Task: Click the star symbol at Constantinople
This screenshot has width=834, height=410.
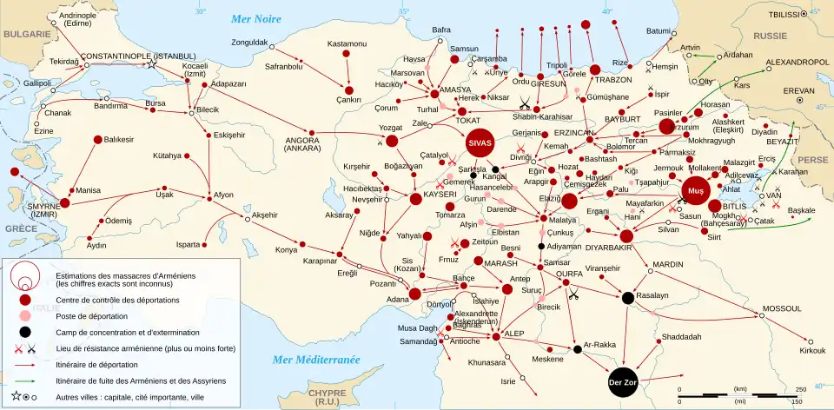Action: pyautogui.click(x=151, y=63)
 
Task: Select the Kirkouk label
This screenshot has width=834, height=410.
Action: pyautogui.click(x=811, y=350)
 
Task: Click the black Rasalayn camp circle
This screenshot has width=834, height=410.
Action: pyautogui.click(x=627, y=298)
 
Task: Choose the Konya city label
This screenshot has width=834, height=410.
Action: pyautogui.click(x=286, y=250)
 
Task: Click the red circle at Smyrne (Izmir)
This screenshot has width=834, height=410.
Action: pyautogui.click(x=64, y=202)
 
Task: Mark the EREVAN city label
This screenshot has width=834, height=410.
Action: pyautogui.click(x=775, y=89)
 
